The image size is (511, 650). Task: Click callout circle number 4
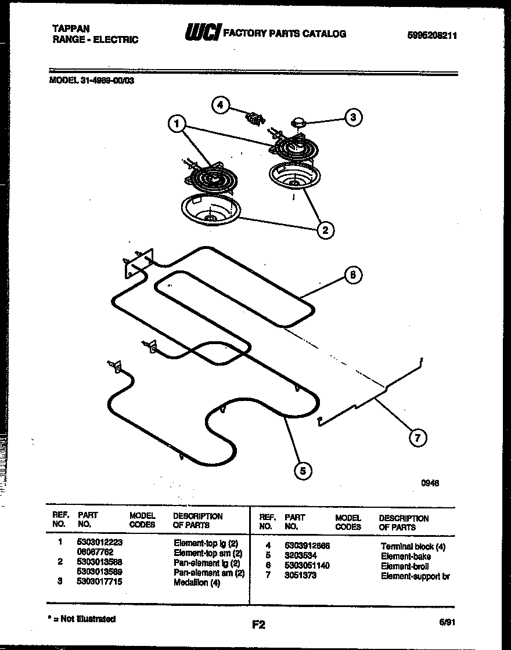tap(219, 105)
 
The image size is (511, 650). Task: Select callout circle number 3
tap(352, 118)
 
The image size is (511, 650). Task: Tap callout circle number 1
tap(177, 124)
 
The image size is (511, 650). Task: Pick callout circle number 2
tap(325, 230)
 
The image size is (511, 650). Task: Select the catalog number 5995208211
tap(432, 35)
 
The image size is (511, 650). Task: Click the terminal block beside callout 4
tap(254, 118)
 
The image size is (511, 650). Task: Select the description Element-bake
tap(406, 556)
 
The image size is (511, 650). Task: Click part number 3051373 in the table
tap(301, 576)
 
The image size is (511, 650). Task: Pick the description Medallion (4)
tap(197, 582)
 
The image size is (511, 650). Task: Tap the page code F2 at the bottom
tap(258, 625)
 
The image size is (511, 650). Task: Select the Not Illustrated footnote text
tap(84, 619)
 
